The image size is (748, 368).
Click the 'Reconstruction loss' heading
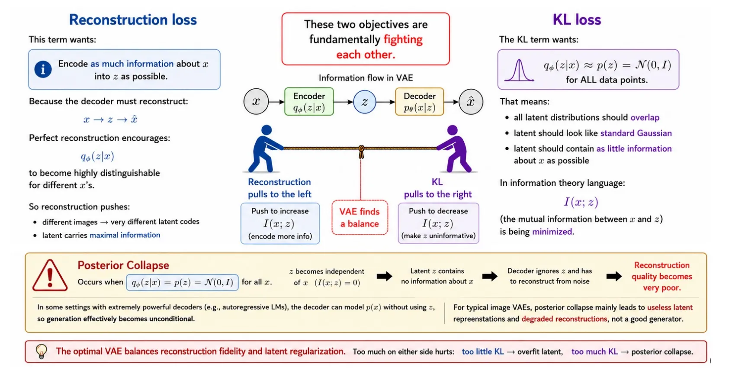133,20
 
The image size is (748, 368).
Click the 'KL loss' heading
577,20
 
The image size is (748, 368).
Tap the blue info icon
43,69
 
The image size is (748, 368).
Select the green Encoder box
309,102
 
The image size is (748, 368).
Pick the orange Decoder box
420,102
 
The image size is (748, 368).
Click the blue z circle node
365,102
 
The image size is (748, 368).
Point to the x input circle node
256,102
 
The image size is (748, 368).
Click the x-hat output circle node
471,102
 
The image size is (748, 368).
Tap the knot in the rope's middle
361,152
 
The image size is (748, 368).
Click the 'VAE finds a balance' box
360,217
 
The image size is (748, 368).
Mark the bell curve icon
519,70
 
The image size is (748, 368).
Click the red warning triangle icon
50,275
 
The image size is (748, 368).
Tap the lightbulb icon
42,351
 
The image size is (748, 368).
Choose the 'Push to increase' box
280,223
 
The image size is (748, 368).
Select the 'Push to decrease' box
438,223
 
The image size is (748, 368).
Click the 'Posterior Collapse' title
123,265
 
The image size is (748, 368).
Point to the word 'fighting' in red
403,40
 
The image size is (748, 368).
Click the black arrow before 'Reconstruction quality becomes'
614,276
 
